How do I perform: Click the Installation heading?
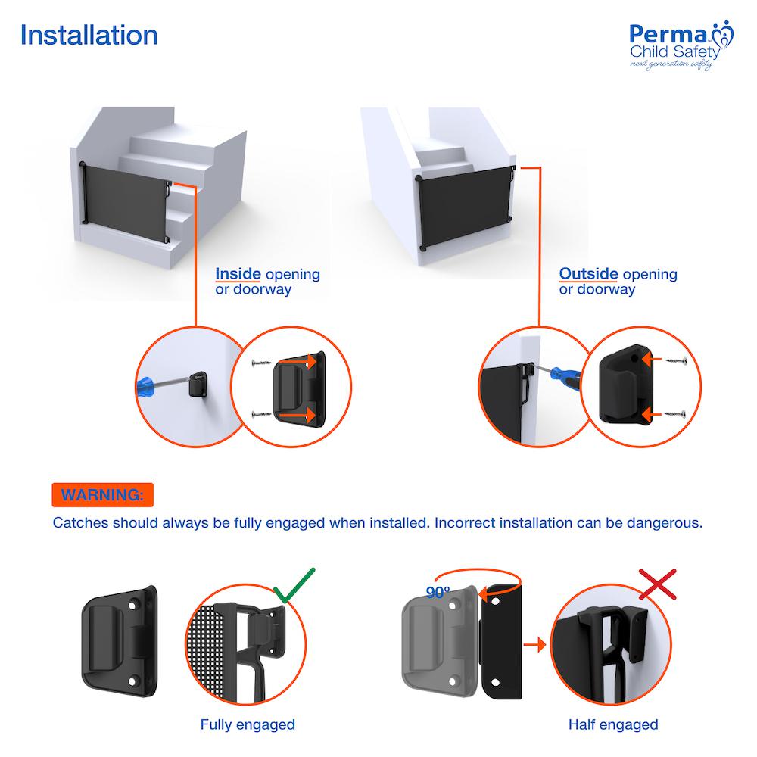pos(89,36)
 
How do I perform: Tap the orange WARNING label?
pos(102,496)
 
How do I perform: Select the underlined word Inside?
pos(238,274)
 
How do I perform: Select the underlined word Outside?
pos(588,274)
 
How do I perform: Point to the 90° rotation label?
pos(438,593)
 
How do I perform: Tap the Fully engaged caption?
pos(248,724)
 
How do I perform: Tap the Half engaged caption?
pos(613,724)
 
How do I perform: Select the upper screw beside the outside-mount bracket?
pos(674,362)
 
